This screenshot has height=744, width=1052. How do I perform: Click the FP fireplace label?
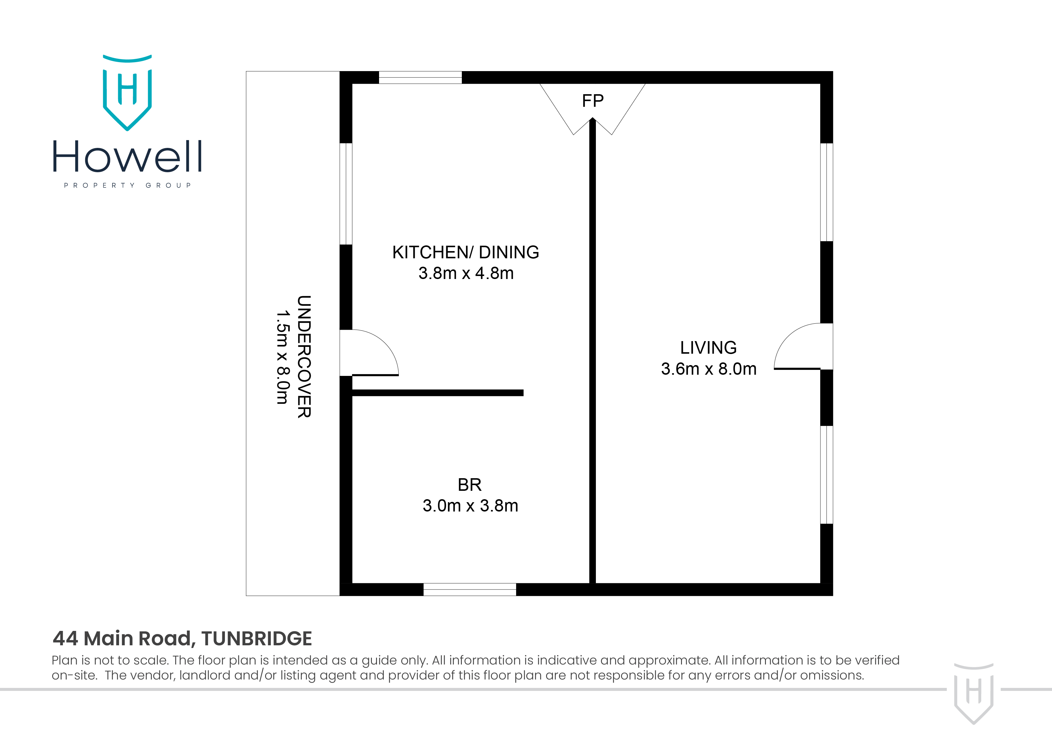[x=593, y=101]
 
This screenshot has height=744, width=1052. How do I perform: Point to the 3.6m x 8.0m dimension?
[x=708, y=369]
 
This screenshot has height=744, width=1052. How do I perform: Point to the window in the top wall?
[x=420, y=77]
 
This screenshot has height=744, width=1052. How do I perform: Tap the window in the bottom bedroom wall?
[x=470, y=589]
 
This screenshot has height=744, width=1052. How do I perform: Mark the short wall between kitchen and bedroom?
[x=438, y=393]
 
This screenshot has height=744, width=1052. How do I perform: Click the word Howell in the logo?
[x=127, y=157]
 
